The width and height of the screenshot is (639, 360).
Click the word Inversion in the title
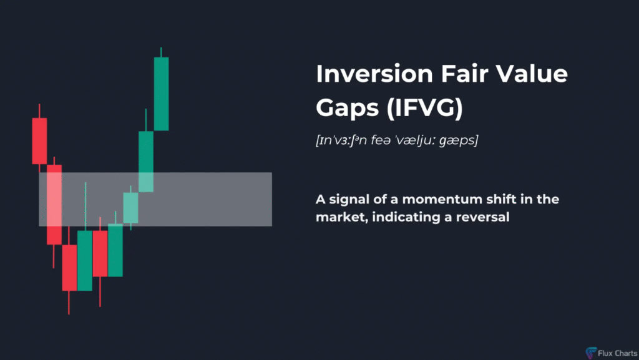pos(374,74)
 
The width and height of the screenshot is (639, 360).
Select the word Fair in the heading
pos(464,74)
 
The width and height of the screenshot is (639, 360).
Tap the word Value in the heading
pos(531,74)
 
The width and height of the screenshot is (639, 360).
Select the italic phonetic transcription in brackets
pos(397,140)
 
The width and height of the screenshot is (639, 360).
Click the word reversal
pos(482,217)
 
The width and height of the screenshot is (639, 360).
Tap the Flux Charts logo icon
pos(591,353)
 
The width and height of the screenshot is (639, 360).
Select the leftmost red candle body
pos(39,141)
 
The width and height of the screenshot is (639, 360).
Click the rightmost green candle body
pos(162,94)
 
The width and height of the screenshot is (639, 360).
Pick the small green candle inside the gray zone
pos(131,208)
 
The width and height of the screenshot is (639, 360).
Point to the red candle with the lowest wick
pos(69,268)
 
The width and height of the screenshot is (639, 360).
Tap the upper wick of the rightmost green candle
pos(162,52)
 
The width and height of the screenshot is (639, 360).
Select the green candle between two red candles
pos(85,261)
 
